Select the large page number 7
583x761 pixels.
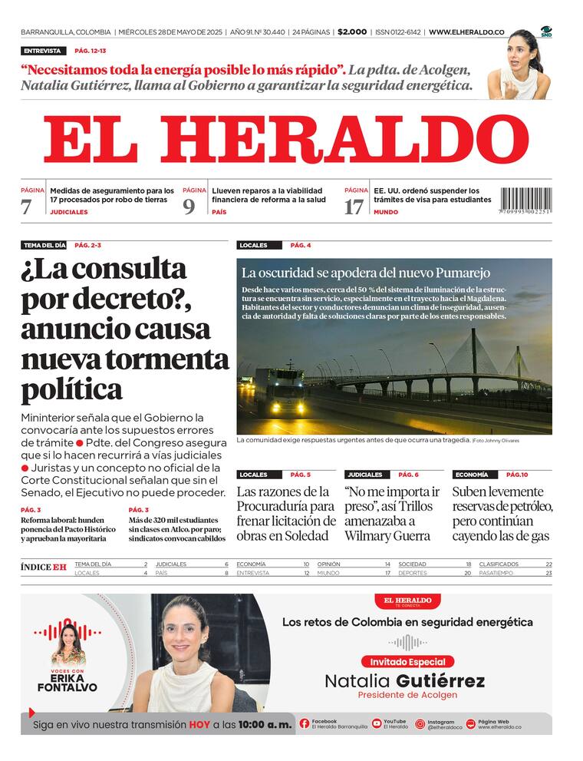(27, 207)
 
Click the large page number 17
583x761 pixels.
(354, 207)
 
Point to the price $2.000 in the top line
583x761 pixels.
(352, 32)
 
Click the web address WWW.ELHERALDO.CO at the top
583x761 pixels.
(466, 32)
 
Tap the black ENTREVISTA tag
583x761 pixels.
(42, 51)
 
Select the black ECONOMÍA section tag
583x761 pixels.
(471, 475)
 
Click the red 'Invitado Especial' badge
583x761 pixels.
(407, 661)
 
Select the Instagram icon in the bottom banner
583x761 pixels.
(420, 723)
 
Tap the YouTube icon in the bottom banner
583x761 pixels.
(377, 723)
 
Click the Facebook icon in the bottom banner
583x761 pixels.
(305, 723)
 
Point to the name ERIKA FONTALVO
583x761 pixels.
(68, 683)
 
